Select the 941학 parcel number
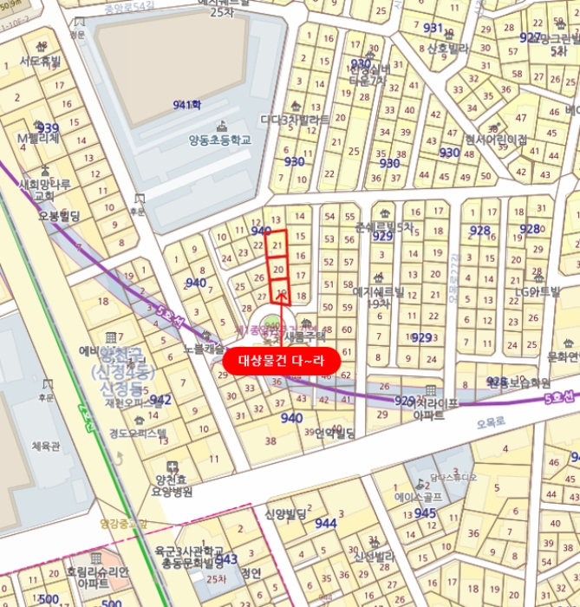[186, 104]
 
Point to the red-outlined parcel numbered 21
[277, 245]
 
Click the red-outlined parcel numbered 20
[277, 270]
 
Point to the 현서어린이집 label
[495, 139]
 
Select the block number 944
[326, 523]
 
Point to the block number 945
[425, 513]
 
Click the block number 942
[160, 400]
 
